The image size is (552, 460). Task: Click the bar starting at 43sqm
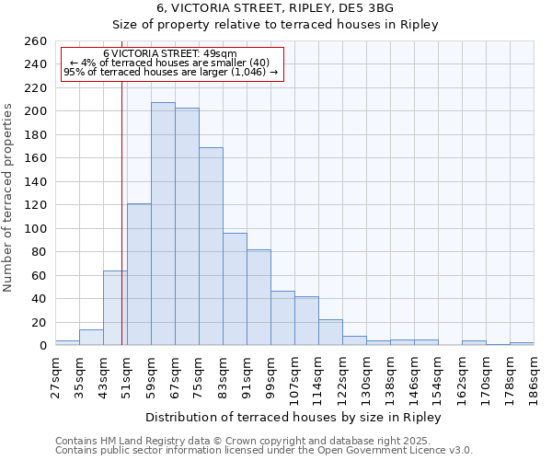pyautogui.click(x=115, y=308)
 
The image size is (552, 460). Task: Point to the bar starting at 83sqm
pyautogui.click(x=235, y=289)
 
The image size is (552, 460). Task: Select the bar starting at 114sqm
pyautogui.click(x=330, y=332)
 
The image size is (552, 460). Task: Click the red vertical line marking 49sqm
pyautogui.click(x=122, y=230)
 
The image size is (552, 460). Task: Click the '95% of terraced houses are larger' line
pyautogui.click(x=170, y=72)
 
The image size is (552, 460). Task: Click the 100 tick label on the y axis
pyautogui.click(x=35, y=228)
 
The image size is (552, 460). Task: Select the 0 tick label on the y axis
pyautogui.click(x=42, y=346)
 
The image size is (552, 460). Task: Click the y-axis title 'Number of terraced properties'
pyautogui.click(x=8, y=198)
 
